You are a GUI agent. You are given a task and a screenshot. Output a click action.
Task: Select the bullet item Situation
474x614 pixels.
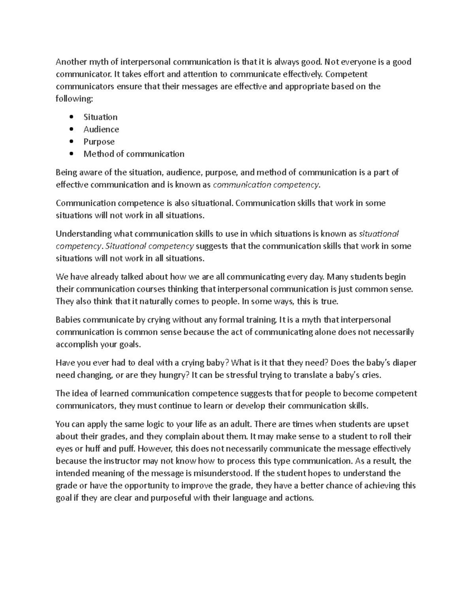tap(100, 117)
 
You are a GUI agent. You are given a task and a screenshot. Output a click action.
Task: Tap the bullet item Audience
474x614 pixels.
tap(101, 129)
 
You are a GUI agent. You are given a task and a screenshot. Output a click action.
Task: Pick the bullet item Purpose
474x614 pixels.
tap(99, 142)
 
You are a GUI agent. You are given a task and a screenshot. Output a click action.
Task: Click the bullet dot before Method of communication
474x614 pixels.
tap(71, 154)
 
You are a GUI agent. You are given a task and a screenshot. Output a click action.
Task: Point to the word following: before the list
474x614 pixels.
tap(74, 99)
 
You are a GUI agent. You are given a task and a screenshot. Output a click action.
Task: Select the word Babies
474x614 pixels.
tap(68, 319)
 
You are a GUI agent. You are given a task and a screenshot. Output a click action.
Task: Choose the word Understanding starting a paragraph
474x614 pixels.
tap(84, 234)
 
